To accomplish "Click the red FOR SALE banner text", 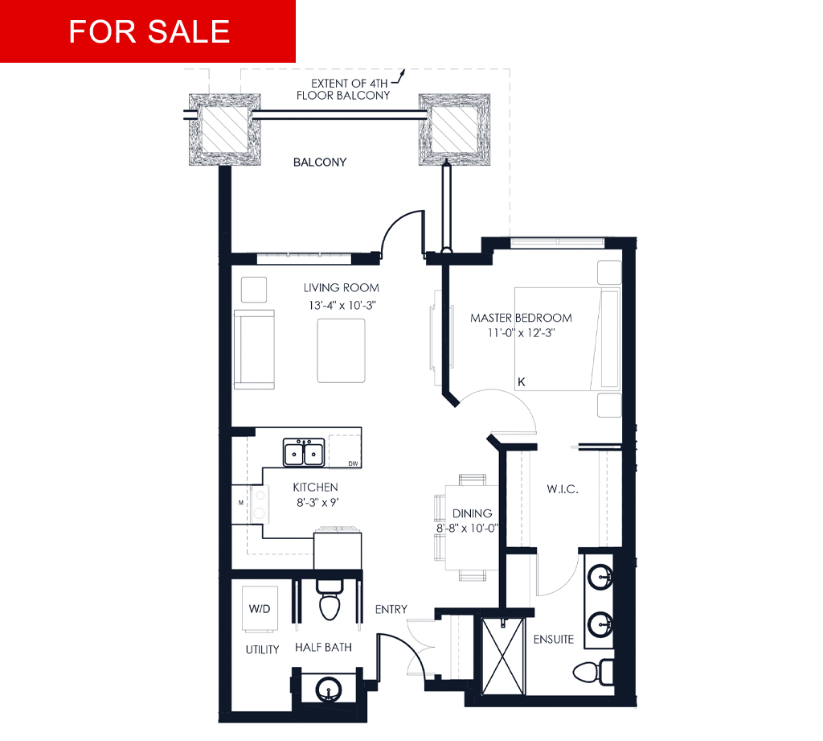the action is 149,31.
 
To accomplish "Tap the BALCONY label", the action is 320,163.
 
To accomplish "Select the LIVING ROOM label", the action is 341,288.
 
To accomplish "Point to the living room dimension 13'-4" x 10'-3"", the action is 342,306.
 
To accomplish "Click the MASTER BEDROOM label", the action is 521,318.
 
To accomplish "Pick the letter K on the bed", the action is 521,382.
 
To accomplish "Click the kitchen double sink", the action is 304,452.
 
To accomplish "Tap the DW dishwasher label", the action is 354,463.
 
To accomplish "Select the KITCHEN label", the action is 315,488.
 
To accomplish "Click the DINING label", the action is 473,513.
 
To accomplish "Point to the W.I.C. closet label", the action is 563,489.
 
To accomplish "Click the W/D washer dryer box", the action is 260,609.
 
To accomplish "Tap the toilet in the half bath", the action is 330,600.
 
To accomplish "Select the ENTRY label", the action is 391,610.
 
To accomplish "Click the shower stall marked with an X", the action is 503,657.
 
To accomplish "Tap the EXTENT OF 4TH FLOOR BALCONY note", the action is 343,89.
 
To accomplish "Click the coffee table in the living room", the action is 341,351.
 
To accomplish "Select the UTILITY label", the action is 263,649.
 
